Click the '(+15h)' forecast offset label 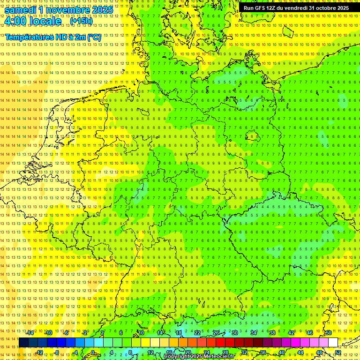(81, 21)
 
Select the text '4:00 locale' (33, 22)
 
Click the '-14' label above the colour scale (30, 333)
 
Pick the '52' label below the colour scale (338, 352)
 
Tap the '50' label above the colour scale (329, 333)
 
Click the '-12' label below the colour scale (39, 352)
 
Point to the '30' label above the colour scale (235, 333)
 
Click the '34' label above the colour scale (254, 333)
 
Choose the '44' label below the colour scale (300, 352)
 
